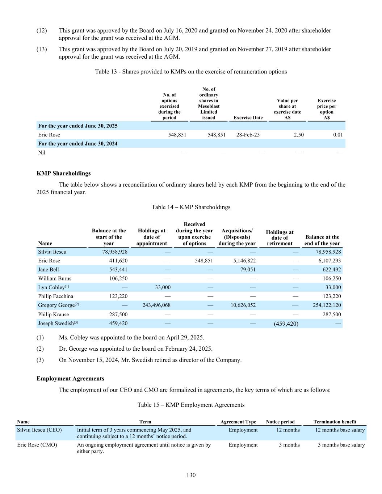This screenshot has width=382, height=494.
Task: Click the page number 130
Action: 191,475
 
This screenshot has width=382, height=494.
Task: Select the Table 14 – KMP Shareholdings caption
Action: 191,207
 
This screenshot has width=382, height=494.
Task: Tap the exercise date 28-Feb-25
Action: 248,135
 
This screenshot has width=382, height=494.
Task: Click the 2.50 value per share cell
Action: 299,135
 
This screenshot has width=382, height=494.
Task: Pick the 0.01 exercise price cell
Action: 338,135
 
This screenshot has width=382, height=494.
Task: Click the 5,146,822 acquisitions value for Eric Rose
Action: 242,261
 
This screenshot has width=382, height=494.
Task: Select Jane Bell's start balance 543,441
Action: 118,270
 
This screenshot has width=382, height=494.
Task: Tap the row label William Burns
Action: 55,278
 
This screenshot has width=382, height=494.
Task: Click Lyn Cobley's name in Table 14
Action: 51,287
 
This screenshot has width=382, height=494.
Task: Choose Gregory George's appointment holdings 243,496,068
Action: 156,305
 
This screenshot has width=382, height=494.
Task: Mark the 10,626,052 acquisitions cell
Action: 243,305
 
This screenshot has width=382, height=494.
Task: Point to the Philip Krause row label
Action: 53,314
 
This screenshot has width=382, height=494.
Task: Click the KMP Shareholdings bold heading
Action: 64,173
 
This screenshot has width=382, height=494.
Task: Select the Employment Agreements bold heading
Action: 70,379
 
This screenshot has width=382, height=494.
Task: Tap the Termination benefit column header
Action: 335,422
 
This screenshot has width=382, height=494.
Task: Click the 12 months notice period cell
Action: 288,430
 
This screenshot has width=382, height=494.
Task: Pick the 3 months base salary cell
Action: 341,445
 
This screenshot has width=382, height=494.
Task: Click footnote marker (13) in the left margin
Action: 42,49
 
